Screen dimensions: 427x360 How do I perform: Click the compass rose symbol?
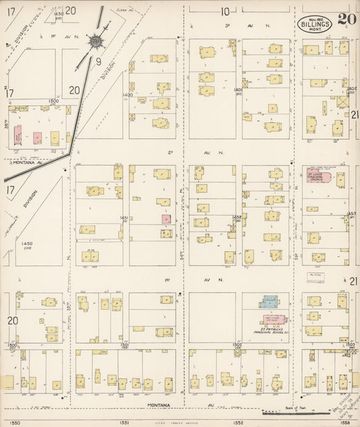coord(97,42)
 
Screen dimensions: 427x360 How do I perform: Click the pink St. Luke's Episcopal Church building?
coord(318,177)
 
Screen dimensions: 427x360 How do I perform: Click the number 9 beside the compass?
coord(98,61)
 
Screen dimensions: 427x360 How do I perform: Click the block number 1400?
coord(127,95)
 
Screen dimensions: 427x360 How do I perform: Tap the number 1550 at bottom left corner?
coord(16,422)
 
